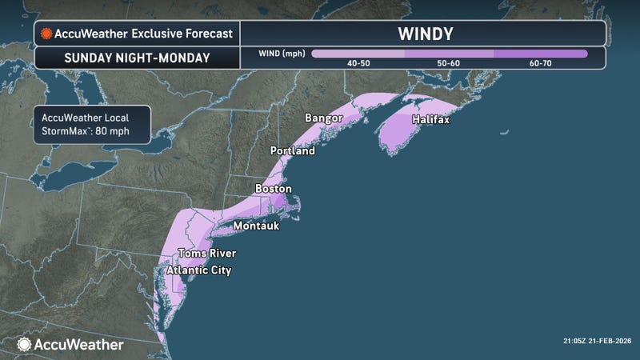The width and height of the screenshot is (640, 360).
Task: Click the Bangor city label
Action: (x=323, y=118)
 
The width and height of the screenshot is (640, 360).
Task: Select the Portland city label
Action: (x=292, y=150)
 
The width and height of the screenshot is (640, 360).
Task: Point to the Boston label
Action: (x=273, y=189)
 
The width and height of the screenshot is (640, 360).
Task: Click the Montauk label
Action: (x=258, y=226)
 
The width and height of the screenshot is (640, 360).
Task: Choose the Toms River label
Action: (x=206, y=254)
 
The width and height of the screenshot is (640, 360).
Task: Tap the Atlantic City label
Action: (x=198, y=270)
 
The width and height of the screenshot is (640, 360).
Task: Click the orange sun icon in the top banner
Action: (x=47, y=34)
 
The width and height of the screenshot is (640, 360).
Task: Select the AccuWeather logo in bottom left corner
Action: (x=70, y=344)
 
